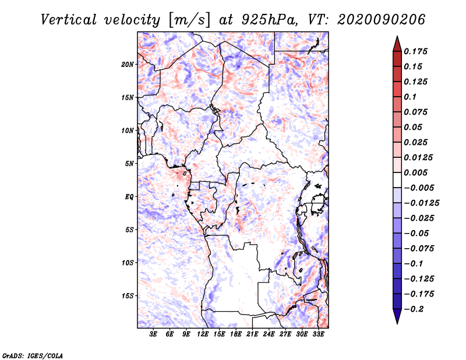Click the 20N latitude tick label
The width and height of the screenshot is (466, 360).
[x=128, y=65]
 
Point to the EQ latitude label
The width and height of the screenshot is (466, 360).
[x=129, y=197]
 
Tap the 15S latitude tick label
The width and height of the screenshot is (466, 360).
[x=128, y=296]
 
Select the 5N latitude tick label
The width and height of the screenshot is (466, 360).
[x=129, y=164]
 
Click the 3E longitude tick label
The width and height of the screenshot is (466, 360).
[x=153, y=334]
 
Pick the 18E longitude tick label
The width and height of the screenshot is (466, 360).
[x=236, y=334]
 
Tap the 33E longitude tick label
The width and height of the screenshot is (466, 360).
[x=318, y=334]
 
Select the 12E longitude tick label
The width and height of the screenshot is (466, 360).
[x=203, y=334]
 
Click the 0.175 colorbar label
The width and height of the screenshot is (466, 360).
[x=415, y=51]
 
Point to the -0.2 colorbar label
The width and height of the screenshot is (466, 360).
[x=414, y=309]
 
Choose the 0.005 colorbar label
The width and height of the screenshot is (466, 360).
[x=415, y=172]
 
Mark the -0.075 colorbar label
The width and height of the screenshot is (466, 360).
[x=419, y=249]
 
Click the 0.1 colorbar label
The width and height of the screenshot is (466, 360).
[x=410, y=97]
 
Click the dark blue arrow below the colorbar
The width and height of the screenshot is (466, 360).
[x=397, y=316]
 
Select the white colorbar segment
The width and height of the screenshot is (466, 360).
[x=397, y=180]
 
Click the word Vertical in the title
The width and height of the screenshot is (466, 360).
[x=69, y=20]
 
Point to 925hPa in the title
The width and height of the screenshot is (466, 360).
[x=269, y=20]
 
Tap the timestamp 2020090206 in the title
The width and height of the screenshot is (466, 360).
[x=382, y=20]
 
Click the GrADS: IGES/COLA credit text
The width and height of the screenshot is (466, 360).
[x=33, y=355]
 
